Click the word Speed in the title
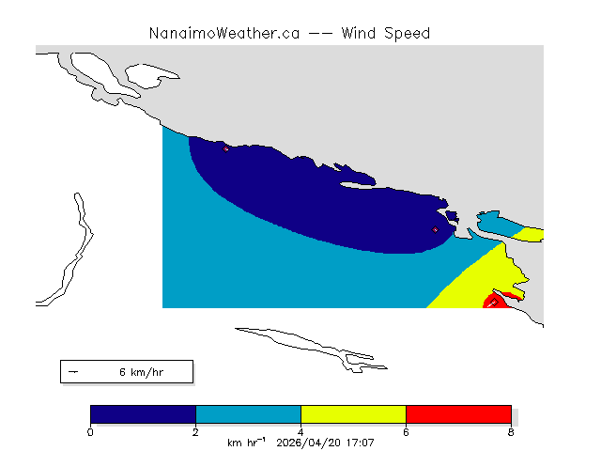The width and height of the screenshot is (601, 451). coord(407,34)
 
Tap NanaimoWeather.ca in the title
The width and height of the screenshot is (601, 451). coord(224,34)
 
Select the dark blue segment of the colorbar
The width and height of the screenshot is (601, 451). coord(143,414)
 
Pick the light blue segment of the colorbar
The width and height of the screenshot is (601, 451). coord(248,414)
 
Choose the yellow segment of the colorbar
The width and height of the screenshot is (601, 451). coord(353,414)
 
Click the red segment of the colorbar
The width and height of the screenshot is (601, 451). coord(458,414)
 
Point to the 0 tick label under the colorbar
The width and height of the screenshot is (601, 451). coord(90,432)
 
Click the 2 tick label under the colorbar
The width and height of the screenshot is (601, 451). coord(195,432)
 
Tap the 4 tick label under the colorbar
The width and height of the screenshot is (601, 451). coord(300,432)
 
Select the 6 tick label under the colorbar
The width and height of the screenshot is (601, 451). coord(406,432)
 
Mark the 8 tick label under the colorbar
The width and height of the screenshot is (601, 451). coord(511,432)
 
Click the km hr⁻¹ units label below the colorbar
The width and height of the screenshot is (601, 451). coord(246,443)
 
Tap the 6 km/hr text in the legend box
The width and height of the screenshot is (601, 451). coord(142,372)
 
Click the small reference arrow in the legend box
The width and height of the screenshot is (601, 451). coord(73,372)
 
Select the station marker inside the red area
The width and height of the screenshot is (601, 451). coord(495,303)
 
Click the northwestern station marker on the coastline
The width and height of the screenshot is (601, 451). coord(225,148)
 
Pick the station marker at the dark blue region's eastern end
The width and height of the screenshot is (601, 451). coord(435,229)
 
